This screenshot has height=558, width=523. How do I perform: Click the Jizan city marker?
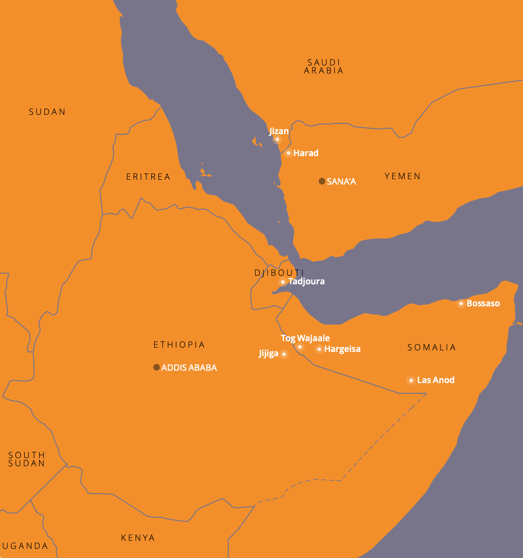coord(277,139)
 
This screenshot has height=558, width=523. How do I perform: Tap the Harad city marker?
coord(288,153)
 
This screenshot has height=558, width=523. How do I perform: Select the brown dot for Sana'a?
coord(322,181)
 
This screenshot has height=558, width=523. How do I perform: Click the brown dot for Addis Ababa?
coord(156,368)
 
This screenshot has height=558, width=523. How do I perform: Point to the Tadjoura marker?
coord(282,282)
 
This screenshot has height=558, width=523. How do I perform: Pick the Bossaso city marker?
coord(461,304)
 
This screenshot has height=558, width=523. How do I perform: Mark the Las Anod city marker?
coord(411,380)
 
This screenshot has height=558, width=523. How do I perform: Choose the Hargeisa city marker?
coord(319,349)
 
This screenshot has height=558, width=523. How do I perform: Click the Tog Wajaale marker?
coord(300,347)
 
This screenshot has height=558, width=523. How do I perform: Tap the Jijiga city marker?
coord(284,354)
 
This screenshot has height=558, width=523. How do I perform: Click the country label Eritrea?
coord(148,177)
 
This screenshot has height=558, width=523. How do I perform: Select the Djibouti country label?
coord(279,273)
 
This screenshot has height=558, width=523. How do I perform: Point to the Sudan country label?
coord(47,112)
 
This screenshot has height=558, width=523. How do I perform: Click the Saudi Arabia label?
coord(324,67)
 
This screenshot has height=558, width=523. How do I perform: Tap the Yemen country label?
coord(402,176)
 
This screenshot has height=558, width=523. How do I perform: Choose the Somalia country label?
coord(431,347)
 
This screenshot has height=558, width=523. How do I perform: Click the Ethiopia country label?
coord(179,344)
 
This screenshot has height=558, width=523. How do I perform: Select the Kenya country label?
coord(138,538)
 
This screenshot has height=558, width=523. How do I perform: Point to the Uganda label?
coord(25,546)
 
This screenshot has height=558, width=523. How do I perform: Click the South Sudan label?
coord(26,459)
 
